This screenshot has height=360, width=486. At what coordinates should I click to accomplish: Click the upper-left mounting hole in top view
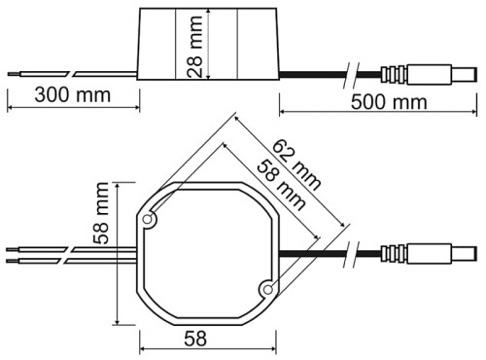[149, 221]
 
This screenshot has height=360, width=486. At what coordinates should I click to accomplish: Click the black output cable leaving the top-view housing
[311, 255]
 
